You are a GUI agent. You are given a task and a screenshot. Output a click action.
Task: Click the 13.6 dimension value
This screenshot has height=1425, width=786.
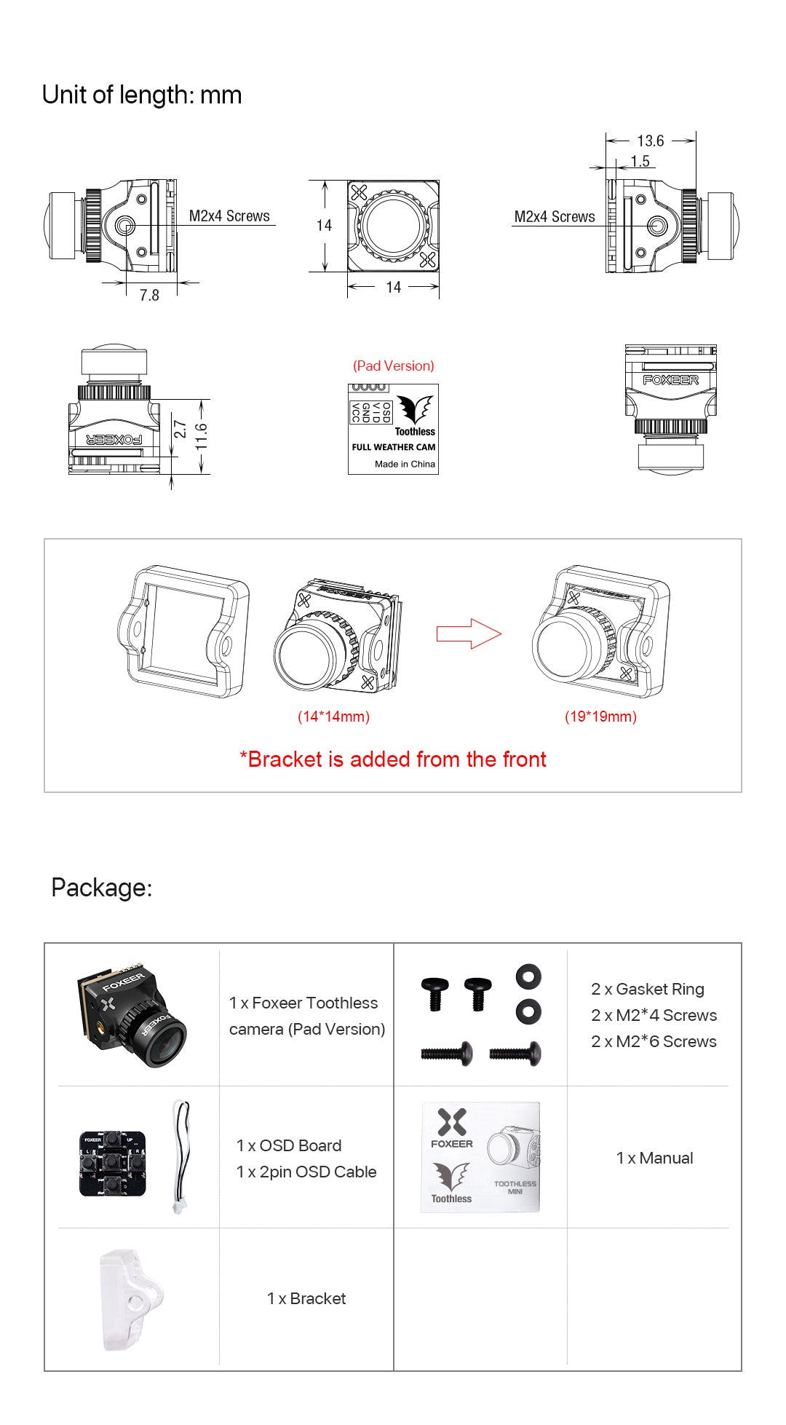click(x=650, y=141)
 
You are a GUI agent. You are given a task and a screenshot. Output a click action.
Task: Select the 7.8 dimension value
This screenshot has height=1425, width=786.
click(x=149, y=295)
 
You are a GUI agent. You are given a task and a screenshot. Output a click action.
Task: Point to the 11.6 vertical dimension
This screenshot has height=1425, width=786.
click(x=202, y=436)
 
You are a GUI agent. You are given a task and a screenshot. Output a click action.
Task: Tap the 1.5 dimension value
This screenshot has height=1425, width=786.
click(x=640, y=161)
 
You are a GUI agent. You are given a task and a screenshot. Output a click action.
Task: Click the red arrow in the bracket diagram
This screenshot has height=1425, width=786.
click(x=469, y=633)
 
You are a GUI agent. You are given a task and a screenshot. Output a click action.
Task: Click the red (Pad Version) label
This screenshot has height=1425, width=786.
click(x=393, y=366)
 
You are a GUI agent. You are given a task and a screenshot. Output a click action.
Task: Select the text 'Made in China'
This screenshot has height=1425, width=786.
click(x=405, y=464)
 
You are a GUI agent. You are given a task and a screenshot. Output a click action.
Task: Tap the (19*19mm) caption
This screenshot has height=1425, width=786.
click(x=600, y=717)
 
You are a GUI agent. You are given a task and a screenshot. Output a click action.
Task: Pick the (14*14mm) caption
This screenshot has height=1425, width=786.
click(x=333, y=717)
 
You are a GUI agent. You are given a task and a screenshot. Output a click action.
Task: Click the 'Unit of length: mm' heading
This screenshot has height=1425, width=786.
click(x=142, y=95)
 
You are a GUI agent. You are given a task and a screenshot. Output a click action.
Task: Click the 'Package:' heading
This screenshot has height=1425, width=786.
click(x=102, y=888)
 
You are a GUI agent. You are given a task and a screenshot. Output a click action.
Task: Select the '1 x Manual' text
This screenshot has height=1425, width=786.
click(x=654, y=1158)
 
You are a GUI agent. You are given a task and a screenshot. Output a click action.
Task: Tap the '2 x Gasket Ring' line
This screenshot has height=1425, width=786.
click(x=647, y=989)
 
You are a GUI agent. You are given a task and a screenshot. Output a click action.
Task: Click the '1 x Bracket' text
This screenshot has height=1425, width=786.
click(x=306, y=1298)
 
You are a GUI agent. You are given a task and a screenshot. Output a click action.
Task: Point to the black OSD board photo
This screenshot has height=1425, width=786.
click(x=112, y=1163)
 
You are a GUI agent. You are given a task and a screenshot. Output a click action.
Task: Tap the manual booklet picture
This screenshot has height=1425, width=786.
click(x=480, y=1157)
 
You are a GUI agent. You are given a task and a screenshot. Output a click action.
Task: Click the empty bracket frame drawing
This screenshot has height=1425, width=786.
click(x=184, y=631)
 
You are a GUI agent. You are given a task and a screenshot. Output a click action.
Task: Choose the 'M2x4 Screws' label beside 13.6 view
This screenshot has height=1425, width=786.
click(x=554, y=217)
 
